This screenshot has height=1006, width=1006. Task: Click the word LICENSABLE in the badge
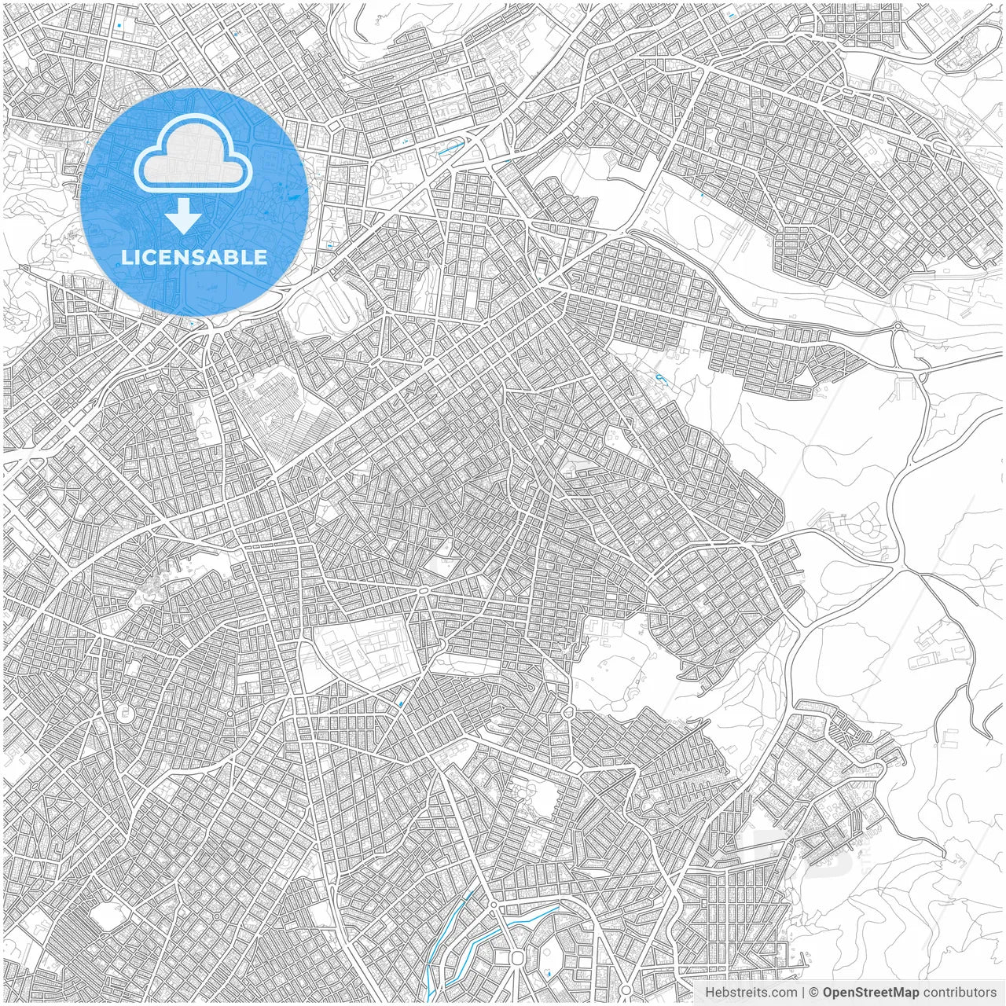click(x=193, y=257)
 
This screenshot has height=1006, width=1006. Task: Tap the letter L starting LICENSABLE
click(x=125, y=258)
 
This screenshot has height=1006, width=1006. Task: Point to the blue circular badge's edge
click(x=306, y=200)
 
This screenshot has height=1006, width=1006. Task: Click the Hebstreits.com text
click(x=740, y=992)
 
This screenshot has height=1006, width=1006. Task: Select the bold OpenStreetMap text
click(x=870, y=992)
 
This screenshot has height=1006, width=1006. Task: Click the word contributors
click(x=960, y=992)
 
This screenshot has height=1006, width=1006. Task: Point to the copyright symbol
click(x=814, y=992)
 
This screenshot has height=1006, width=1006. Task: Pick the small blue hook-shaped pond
click(x=659, y=379)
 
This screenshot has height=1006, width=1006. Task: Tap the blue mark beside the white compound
click(x=402, y=703)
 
